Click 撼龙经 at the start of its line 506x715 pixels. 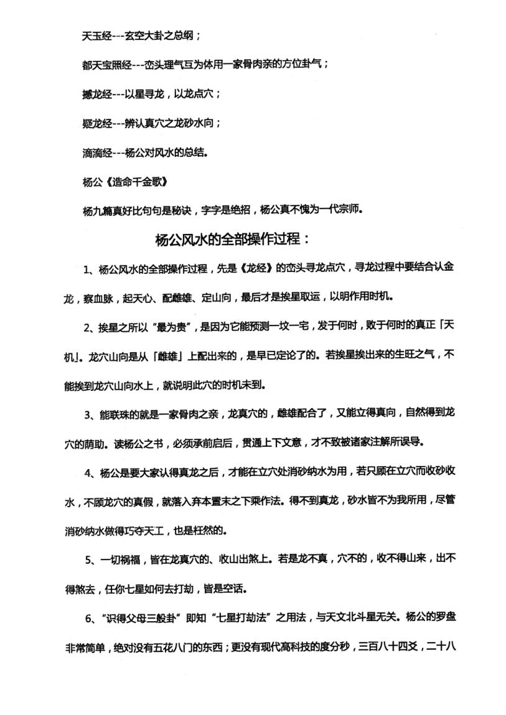pyautogui.click(x=96, y=94)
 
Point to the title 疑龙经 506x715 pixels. pyautogui.click(x=96, y=123)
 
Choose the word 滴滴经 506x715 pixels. pyautogui.click(x=96, y=152)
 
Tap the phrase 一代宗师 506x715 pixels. pyautogui.click(x=340, y=210)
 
